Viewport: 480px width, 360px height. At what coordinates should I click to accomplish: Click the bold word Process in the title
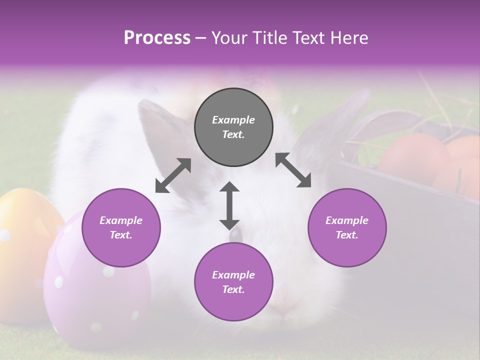[x=157, y=38]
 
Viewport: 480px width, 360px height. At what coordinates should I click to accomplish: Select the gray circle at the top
[x=233, y=127]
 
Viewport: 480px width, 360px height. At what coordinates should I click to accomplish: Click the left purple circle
[x=121, y=227]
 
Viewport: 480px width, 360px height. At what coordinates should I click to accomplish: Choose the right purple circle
[x=347, y=227]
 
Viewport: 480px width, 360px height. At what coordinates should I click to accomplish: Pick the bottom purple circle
[x=233, y=282]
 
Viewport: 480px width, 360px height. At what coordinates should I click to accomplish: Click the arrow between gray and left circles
[x=173, y=175]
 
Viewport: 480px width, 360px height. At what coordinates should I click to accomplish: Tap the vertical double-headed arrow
[x=229, y=205]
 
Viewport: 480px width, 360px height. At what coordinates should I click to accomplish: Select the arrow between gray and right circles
[x=293, y=170]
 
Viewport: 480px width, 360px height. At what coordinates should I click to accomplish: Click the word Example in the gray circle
[x=233, y=120]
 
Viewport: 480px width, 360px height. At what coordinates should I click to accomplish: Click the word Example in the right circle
[x=347, y=220]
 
